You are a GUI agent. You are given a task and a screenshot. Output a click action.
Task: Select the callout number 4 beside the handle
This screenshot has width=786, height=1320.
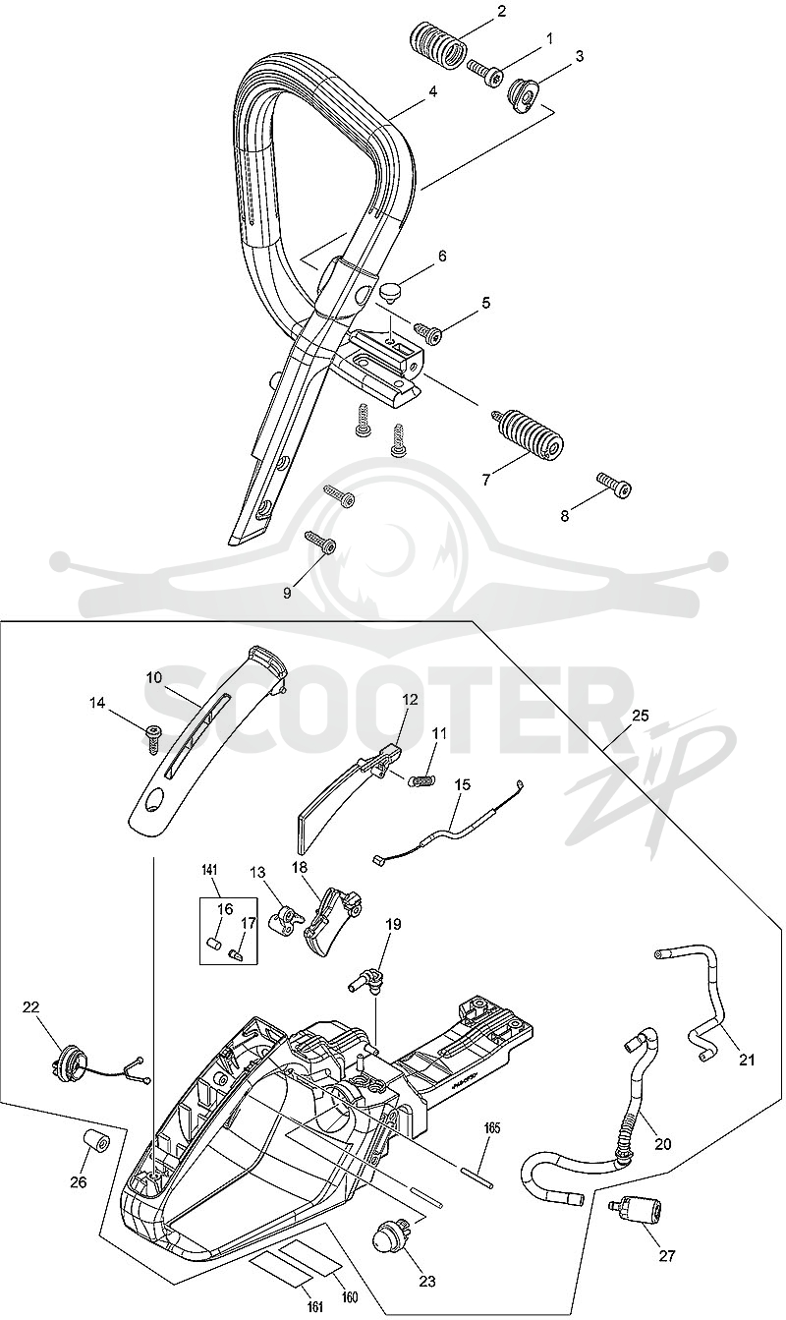pos(432,92)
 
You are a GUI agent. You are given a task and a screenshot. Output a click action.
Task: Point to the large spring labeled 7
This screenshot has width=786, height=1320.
pos(528,434)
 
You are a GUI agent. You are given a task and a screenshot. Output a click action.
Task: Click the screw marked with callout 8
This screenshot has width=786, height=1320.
pos(614,485)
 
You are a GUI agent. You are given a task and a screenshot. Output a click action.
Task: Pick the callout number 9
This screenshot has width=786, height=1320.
pos(287,593)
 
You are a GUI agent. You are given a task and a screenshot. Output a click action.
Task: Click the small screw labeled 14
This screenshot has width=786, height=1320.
pos(153,736)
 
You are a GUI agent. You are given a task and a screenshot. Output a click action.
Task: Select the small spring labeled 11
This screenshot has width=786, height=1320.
pos(421,780)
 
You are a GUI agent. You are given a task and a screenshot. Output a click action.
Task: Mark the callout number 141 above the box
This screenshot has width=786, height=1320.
pos(209,870)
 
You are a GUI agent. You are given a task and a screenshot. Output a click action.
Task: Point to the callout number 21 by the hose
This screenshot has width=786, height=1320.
pos(747,1061)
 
